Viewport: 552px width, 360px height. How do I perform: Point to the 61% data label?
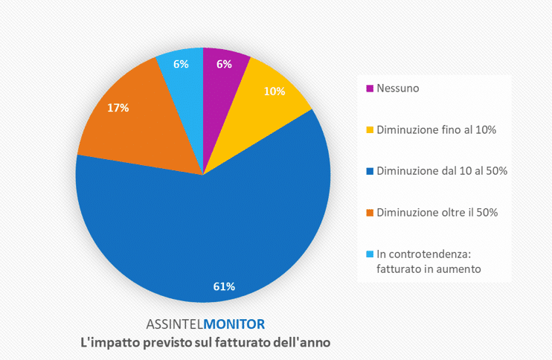click(x=225, y=286)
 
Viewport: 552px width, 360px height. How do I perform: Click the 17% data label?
click(x=118, y=108)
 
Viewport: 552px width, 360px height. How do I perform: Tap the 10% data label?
click(x=275, y=91)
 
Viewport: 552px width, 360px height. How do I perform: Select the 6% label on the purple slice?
click(x=224, y=64)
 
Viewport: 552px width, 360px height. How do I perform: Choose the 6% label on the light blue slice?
click(x=181, y=64)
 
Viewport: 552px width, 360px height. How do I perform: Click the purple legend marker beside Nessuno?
click(x=370, y=89)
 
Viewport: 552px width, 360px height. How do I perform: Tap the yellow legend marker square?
click(x=370, y=130)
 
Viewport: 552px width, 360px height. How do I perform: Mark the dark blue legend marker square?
click(x=370, y=171)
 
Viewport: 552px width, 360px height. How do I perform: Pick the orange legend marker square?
click(x=370, y=213)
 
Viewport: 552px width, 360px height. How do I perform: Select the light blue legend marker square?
click(x=370, y=254)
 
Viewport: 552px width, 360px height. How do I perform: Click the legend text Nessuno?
click(x=398, y=89)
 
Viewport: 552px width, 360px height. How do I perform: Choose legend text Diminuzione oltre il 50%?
click(x=437, y=213)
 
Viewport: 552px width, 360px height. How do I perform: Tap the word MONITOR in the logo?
click(x=234, y=324)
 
